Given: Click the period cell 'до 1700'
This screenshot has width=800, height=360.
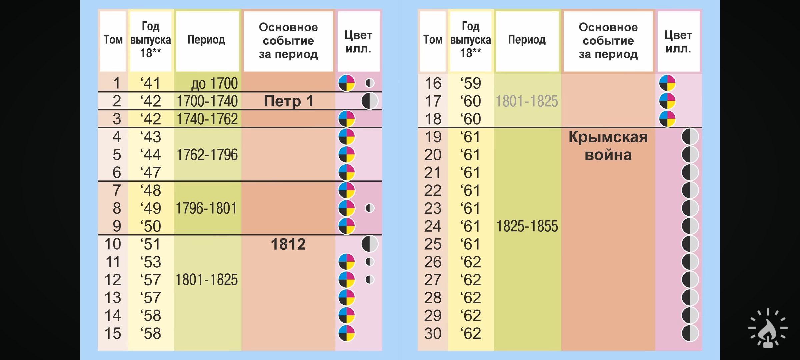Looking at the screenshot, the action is pyautogui.click(x=214, y=83).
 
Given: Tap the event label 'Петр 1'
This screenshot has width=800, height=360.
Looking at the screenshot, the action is pyautogui.click(x=289, y=101).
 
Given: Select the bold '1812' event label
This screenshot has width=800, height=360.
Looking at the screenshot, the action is pyautogui.click(x=288, y=244).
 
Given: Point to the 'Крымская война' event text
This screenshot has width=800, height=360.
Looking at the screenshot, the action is pyautogui.click(x=608, y=146).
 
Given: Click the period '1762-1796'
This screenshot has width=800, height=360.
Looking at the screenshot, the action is pyautogui.click(x=207, y=155).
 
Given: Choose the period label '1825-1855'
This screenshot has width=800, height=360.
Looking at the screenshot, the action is pyautogui.click(x=527, y=226).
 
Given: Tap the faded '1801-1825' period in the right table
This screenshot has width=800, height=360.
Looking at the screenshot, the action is pyautogui.click(x=527, y=101).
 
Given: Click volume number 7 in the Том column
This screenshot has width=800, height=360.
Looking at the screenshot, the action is pyautogui.click(x=117, y=190).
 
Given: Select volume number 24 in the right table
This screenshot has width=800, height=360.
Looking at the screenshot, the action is pyautogui.click(x=433, y=226).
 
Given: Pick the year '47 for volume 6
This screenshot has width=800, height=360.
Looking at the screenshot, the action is pyautogui.click(x=151, y=173).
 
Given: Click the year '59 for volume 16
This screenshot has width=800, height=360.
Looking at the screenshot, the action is pyautogui.click(x=471, y=83).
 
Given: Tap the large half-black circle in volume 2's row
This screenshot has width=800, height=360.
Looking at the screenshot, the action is pyautogui.click(x=370, y=101).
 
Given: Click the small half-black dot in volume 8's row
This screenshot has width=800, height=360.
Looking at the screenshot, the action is pyautogui.click(x=370, y=208).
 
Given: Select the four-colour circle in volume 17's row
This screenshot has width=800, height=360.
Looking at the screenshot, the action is pyautogui.click(x=667, y=101).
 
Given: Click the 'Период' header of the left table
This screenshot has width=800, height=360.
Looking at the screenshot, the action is pyautogui.click(x=206, y=40).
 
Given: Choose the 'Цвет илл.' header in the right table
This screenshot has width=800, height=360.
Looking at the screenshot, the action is pyautogui.click(x=678, y=42).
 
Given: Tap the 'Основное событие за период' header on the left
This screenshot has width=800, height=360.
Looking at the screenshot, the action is pyautogui.click(x=288, y=41).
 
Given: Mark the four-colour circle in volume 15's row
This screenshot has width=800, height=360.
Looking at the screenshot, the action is pyautogui.click(x=347, y=333).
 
